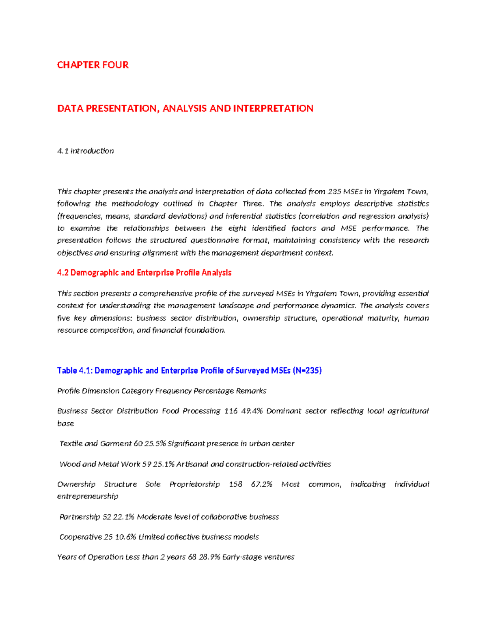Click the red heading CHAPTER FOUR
click(93, 65)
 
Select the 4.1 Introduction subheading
click(85, 151)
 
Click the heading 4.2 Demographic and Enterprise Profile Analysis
click(144, 273)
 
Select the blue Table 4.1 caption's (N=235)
click(307, 370)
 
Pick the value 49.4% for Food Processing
click(252, 411)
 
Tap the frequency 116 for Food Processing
click(231, 411)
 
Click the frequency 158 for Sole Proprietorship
click(235, 484)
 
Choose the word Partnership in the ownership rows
click(80, 517)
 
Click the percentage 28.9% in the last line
click(209, 557)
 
